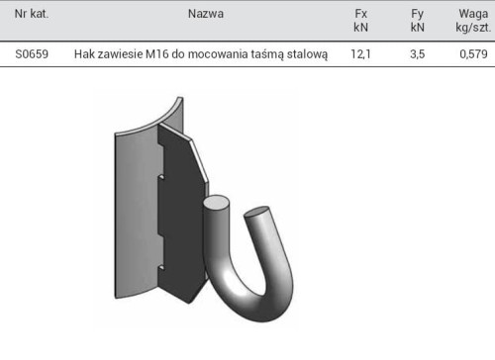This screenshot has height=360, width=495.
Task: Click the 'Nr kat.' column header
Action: coord(32,14)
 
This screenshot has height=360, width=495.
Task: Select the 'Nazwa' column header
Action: coord(206,14)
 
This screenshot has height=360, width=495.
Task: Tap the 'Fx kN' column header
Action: coord(360,21)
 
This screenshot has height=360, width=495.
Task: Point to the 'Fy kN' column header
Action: coord(418,21)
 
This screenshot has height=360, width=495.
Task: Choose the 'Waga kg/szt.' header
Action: coord(473,21)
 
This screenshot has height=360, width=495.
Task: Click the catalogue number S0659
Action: coord(32,54)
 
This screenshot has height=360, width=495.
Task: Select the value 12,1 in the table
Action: coord(360,54)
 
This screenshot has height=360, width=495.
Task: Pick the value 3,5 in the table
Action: coord(418,54)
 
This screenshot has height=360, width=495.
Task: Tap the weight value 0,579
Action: coord(473,54)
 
